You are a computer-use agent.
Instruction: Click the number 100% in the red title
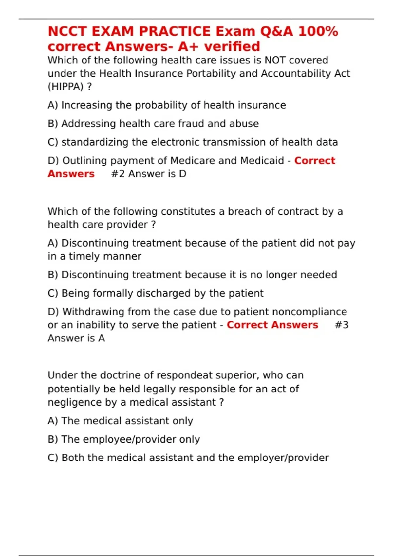pos(318,31)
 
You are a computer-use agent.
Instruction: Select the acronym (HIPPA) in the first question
pos(65,87)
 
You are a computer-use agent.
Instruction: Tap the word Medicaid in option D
pos(262,161)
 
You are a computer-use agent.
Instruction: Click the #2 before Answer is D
pos(118,174)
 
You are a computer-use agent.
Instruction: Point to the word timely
pos(84,256)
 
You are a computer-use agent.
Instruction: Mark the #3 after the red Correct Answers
pos(342,325)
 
